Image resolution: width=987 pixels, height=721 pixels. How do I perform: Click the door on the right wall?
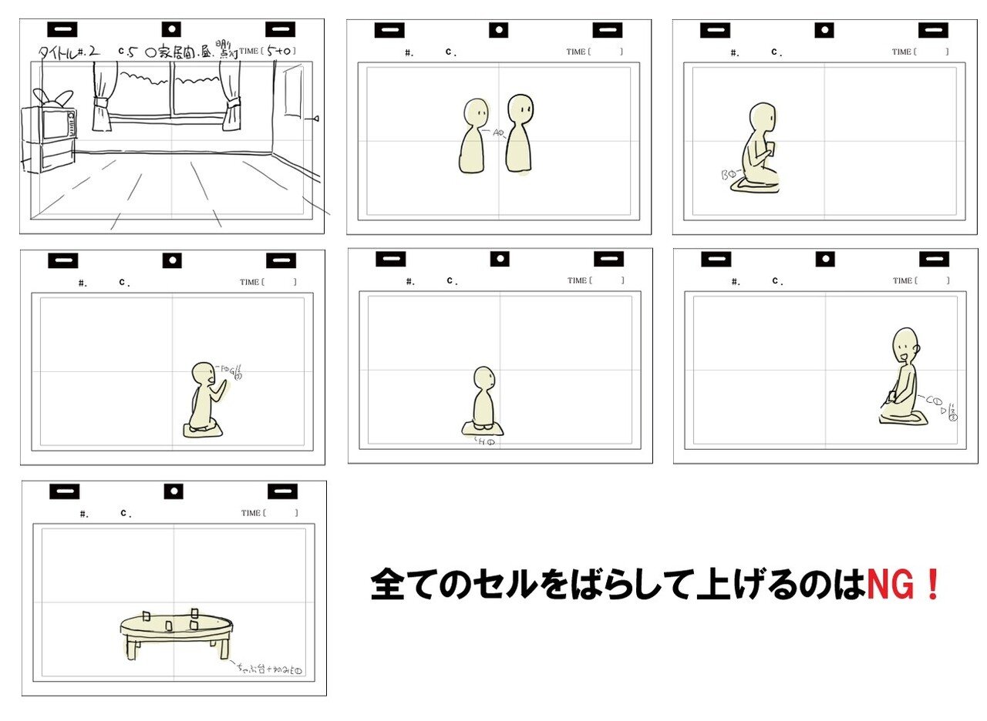tap(292, 92)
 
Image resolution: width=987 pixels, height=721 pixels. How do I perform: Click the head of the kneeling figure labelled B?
tap(763, 116)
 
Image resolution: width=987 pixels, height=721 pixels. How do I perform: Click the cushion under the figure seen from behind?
tap(483, 429)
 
